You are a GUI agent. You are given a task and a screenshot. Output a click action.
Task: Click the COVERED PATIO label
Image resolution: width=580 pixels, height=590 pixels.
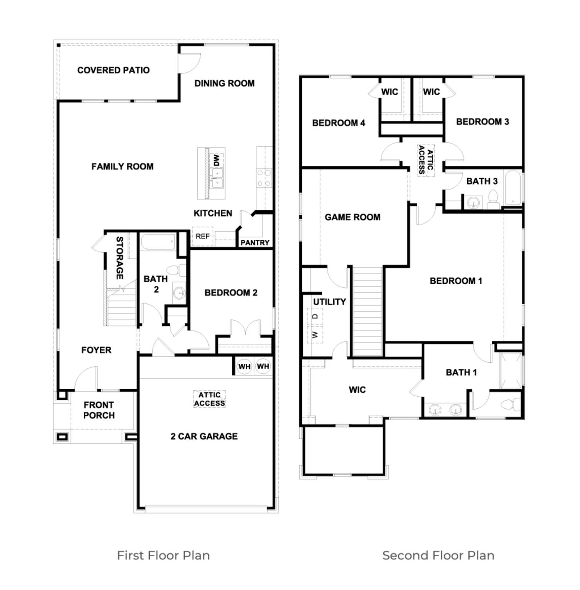point(113,70)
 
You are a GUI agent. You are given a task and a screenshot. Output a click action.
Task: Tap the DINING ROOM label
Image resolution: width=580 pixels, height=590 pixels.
point(224,83)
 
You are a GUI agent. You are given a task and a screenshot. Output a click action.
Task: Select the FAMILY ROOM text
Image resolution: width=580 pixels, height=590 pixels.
point(122,166)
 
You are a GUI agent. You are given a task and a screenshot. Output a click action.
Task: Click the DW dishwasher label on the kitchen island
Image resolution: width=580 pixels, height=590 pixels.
point(216,160)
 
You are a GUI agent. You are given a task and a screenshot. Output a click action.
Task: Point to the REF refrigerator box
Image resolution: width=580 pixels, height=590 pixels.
point(202,237)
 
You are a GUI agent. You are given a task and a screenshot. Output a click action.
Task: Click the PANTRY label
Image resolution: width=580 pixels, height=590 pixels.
point(254,243)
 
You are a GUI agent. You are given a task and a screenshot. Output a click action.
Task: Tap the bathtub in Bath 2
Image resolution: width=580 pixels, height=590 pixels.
point(158,242)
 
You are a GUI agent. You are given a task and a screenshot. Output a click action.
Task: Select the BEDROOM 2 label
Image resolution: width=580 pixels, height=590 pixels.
point(231,293)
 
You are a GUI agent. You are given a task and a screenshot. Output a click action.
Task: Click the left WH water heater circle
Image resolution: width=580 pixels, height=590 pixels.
point(245,366)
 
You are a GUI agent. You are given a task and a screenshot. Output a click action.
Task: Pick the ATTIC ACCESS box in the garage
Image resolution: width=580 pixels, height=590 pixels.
point(209,399)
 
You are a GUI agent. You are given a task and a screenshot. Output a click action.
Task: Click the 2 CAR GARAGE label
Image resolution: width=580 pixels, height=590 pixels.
point(204,436)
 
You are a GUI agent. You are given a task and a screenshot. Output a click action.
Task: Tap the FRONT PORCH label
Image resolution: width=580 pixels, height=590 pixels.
point(99,410)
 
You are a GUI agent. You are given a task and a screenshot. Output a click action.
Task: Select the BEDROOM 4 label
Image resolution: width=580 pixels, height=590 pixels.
point(339,123)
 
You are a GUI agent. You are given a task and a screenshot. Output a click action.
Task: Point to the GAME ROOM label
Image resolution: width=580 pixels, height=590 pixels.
point(352,217)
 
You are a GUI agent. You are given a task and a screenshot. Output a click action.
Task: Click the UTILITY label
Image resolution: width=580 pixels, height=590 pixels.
point(329,302)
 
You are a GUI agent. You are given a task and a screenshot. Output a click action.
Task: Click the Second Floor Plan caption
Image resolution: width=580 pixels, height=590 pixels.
point(438,555)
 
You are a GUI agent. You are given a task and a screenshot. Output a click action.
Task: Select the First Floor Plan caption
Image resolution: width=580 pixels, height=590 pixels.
point(163,555)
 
